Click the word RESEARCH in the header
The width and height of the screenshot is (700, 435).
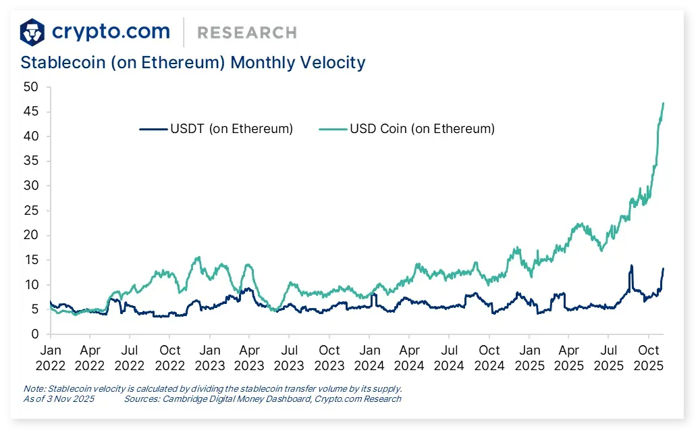pos(246,32)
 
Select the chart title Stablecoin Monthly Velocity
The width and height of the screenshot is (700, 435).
pos(193,63)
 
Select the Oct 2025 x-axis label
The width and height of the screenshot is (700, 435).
pos(649,358)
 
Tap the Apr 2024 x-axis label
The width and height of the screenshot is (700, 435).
pos(409,358)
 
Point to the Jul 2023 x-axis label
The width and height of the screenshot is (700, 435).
pos(289,358)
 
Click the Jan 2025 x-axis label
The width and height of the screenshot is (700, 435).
pos(529,358)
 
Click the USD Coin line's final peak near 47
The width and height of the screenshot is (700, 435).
pos(663,103)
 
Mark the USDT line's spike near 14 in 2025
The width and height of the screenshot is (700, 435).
pos(631,265)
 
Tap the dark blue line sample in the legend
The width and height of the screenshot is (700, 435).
pos(154,128)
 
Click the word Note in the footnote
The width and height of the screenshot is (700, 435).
pos(32,389)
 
